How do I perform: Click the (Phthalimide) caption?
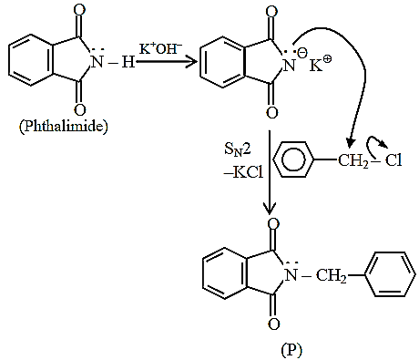point(64,126)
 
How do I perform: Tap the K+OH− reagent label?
point(160,48)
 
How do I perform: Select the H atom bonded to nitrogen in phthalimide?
point(128,62)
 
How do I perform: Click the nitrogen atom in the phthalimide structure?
point(97,62)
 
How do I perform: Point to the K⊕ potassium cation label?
point(321,64)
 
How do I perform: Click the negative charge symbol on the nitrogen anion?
point(301,54)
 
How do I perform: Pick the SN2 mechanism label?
point(238,150)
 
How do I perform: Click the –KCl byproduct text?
point(243,172)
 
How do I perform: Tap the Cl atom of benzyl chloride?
point(393,159)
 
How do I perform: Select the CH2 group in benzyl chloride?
point(353,160)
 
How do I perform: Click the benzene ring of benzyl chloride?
point(293,159)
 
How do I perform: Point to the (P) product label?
point(291,351)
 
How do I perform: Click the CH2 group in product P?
point(332,276)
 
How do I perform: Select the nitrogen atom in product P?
point(291,275)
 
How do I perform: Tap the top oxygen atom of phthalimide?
point(79,10)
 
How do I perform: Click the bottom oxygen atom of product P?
point(273,324)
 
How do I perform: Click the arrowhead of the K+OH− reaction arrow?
point(191,62)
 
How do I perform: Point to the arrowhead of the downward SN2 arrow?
point(270,210)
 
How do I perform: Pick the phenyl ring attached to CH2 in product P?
point(390,274)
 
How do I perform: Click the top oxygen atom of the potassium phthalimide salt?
point(271,12)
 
